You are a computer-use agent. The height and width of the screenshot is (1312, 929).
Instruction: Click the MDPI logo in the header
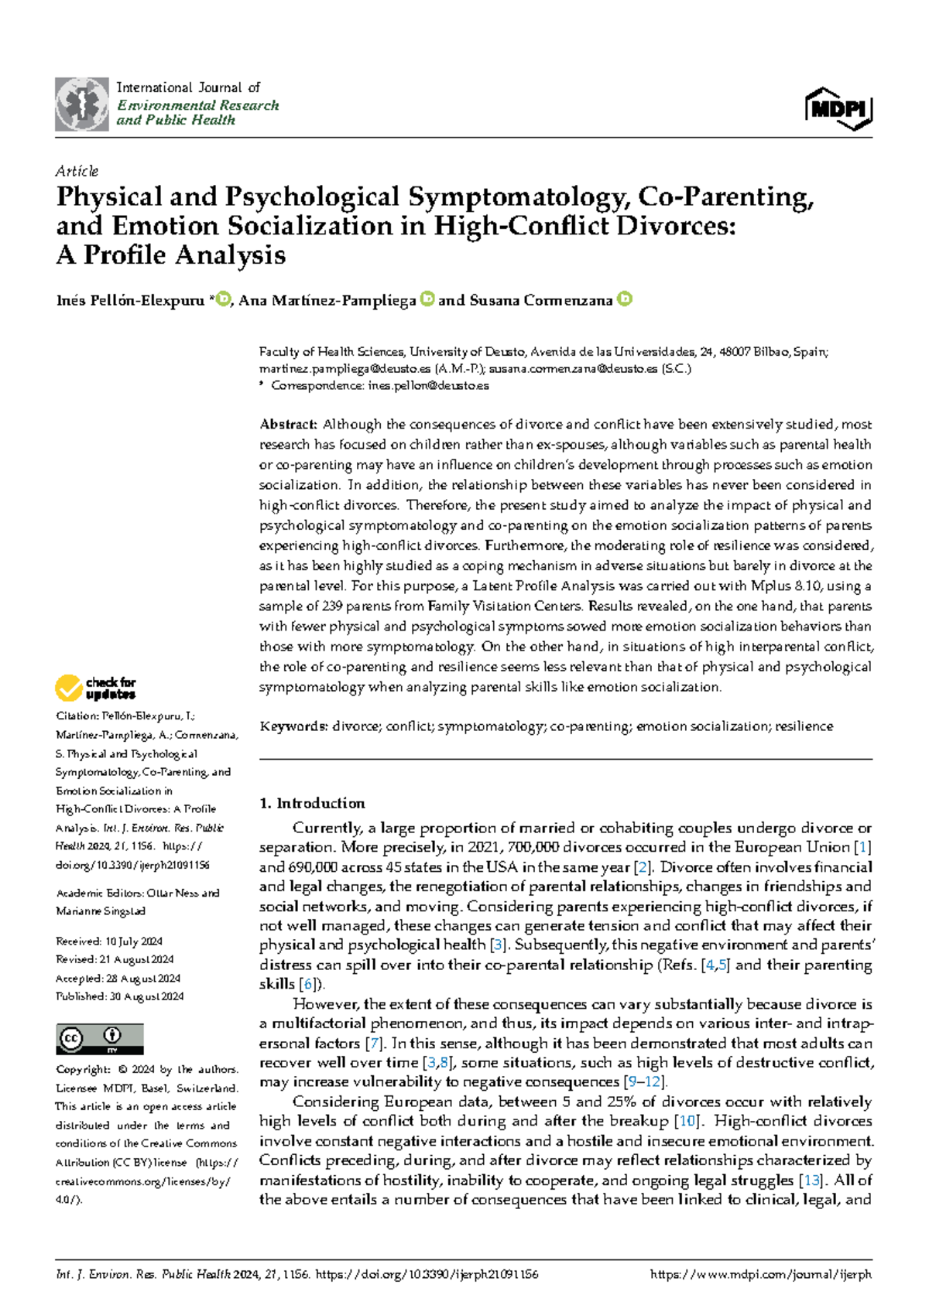(839, 109)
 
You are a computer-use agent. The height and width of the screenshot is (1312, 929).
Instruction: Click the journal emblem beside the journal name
(81, 104)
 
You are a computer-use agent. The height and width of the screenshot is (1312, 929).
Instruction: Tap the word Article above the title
(77, 171)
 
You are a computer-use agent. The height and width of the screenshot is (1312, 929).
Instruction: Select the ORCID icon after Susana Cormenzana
(625, 299)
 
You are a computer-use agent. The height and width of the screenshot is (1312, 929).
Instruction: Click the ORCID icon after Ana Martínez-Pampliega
(427, 299)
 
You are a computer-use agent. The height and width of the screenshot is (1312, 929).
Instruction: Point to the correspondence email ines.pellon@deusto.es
(428, 385)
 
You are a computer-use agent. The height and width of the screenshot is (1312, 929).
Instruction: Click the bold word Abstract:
(288, 425)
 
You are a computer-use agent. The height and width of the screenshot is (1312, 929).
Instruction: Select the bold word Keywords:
(293, 726)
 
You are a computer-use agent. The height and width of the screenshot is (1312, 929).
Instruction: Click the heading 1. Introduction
(312, 803)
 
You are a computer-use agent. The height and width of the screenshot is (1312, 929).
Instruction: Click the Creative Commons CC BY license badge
(99, 1038)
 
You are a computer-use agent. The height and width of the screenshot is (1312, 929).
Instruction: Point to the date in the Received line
(134, 941)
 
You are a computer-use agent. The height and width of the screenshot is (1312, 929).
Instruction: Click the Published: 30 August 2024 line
(119, 996)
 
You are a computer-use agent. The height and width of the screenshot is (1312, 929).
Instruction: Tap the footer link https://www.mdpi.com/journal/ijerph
(761, 1275)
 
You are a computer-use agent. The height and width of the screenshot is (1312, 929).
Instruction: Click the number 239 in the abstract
(335, 606)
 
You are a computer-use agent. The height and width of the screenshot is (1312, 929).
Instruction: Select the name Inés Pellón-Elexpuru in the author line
(130, 300)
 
